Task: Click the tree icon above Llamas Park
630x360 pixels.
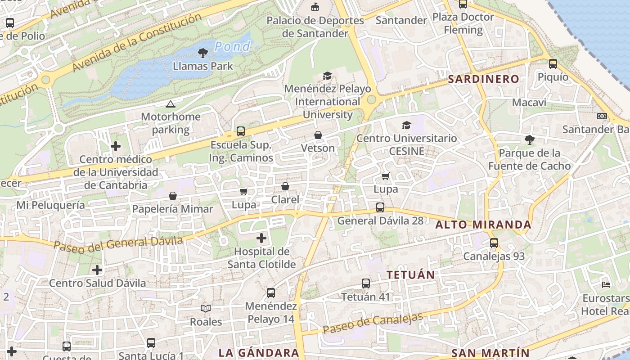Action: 203,53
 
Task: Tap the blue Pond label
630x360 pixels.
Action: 232,46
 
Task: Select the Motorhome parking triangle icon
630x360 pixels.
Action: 170,104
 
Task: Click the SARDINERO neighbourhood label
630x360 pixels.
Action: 484,79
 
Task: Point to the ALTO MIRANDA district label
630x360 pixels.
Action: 484,225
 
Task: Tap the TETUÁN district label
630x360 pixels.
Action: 411,274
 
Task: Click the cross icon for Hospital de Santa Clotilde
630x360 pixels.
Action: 261,238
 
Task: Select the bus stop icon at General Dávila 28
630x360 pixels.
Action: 380,207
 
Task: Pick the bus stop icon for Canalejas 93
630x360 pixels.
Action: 494,243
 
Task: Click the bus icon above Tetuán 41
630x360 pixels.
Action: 366,283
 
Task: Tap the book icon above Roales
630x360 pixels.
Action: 206,309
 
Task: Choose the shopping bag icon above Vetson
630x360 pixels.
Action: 318,135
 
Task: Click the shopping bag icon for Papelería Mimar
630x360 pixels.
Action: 173,196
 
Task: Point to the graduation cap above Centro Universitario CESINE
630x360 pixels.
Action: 407,125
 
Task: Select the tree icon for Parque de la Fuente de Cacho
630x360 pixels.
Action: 529,140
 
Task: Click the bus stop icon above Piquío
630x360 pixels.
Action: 553,64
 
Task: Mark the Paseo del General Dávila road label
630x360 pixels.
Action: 118,243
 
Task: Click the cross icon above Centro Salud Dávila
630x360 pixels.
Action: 97,270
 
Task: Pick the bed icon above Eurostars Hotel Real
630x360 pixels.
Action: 606,285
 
